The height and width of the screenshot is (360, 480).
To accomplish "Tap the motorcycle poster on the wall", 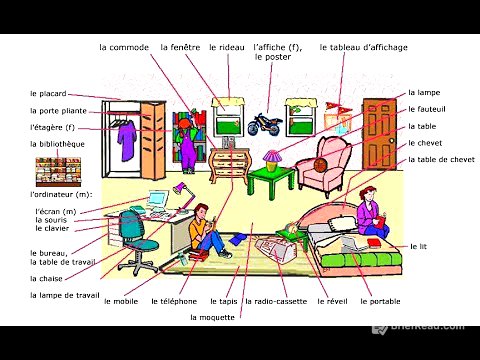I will tap(262, 123).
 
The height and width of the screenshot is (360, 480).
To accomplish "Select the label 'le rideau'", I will tap(226, 47).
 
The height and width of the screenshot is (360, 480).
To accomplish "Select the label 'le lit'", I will tap(419, 246).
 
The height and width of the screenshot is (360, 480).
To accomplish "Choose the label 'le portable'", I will tap(379, 301).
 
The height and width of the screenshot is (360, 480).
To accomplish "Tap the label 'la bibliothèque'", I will tap(57, 144).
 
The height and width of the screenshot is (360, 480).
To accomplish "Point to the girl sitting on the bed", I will tap(370, 217).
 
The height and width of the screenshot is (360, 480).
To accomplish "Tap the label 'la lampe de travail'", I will tap(65, 295).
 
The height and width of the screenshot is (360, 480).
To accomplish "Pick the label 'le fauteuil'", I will tap(426, 109).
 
